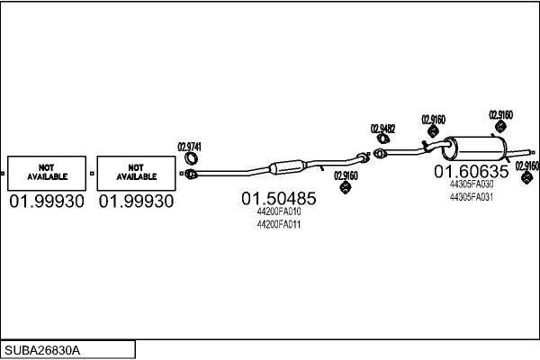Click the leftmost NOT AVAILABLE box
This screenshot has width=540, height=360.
(47, 172)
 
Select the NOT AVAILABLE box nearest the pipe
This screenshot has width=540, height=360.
(136, 172)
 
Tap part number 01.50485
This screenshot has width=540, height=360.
(278, 198)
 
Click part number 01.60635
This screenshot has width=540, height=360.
(472, 171)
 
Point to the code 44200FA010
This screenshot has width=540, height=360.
(278, 211)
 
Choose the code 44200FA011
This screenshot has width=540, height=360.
(278, 224)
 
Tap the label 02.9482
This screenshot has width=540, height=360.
(382, 129)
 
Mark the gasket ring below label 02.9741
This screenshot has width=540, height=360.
(191, 162)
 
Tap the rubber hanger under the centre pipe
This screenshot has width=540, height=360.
(346, 188)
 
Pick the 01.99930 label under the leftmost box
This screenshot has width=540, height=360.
(47, 202)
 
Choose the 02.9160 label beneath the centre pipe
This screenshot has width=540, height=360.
(346, 175)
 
